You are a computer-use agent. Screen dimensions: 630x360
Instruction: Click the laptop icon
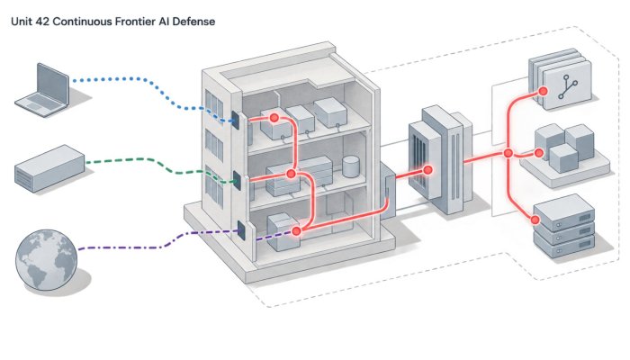point(43,92)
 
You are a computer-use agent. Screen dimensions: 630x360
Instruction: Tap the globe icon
point(46,259)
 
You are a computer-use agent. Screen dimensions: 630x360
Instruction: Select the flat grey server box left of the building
point(49,168)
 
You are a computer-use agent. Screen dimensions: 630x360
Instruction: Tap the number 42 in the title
point(42,22)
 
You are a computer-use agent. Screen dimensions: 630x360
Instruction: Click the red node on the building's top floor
point(274,118)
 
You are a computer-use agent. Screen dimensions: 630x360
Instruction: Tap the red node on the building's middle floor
point(291,174)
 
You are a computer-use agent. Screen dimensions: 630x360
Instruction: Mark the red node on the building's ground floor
point(296,231)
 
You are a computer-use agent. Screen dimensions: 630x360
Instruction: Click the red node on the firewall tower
point(427,170)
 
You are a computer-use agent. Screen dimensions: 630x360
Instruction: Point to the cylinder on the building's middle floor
point(350,166)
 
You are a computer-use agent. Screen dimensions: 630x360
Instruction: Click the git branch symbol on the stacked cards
point(568,87)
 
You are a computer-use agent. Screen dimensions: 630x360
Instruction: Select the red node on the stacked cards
point(544,91)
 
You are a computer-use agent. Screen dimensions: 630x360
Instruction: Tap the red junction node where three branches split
point(508,153)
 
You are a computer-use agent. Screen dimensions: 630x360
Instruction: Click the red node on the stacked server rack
point(535,220)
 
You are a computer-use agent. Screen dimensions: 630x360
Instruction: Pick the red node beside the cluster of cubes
point(539,153)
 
